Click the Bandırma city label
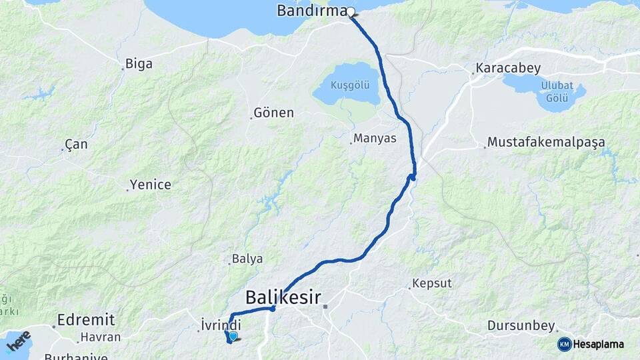(x=311, y=11)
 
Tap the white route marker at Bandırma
(x=351, y=11)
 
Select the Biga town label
(x=138, y=64)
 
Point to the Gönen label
(x=274, y=113)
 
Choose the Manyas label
(x=375, y=139)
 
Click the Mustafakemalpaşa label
(x=546, y=142)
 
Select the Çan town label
(x=76, y=145)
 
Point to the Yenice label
(x=151, y=185)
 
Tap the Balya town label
(x=247, y=259)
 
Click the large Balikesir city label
(x=283, y=297)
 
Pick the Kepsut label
(x=432, y=283)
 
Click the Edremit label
(x=86, y=319)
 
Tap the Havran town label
(x=101, y=337)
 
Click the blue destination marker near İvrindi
(x=232, y=336)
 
